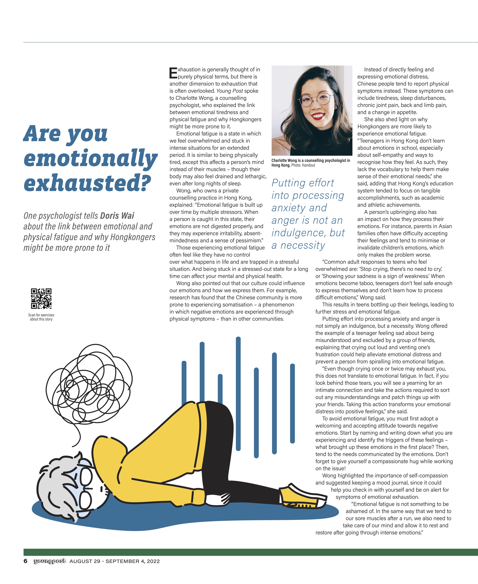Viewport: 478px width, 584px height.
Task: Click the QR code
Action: coord(41,298)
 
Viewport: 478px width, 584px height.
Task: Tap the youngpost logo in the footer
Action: coord(50,561)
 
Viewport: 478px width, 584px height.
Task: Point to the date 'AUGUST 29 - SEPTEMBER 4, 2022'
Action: coord(115,561)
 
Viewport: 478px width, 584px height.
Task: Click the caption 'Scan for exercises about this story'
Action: coord(41,317)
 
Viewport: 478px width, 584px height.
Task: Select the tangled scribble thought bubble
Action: coord(88,385)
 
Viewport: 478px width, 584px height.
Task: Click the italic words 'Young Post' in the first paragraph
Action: coord(230,91)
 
